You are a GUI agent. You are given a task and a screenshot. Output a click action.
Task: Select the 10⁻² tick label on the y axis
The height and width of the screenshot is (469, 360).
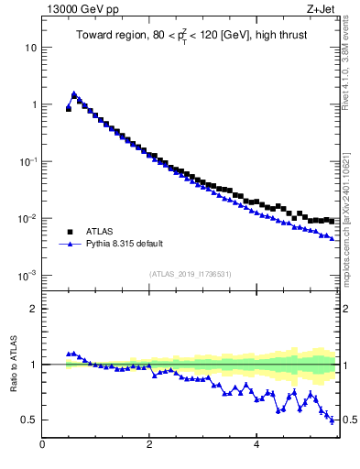pyautogui.click(x=28, y=218)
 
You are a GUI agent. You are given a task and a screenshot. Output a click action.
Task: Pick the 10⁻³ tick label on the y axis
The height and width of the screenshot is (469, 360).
pyautogui.click(x=28, y=275)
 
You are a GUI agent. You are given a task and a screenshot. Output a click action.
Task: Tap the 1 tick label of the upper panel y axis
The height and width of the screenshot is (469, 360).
pyautogui.click(x=33, y=104)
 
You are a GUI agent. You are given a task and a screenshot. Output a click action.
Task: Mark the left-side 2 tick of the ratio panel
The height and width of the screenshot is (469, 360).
pyautogui.click(x=33, y=309)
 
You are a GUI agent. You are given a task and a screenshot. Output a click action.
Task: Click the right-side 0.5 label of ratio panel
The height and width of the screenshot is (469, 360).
pyautogui.click(x=350, y=420)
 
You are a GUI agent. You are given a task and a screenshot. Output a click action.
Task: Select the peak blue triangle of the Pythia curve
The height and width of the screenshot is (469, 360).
pyautogui.click(x=74, y=93)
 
